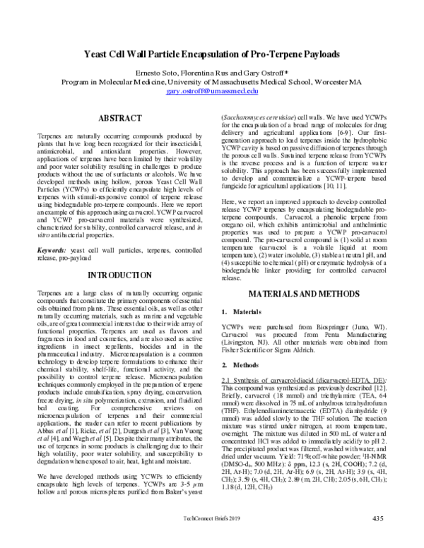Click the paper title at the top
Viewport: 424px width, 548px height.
pyautogui.click(x=212, y=54)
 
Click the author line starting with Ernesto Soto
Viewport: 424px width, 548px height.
pyautogui.click(x=212, y=73)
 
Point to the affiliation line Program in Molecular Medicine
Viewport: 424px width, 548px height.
pyautogui.click(x=212, y=83)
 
